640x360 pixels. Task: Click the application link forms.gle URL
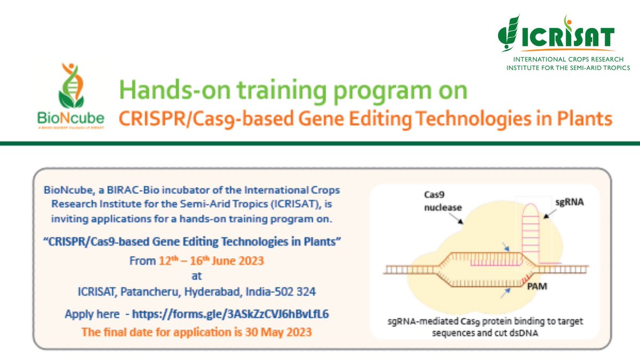(x=230, y=314)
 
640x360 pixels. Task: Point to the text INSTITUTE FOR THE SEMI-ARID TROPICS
(x=567, y=68)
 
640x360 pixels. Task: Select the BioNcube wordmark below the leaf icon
(x=70, y=117)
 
